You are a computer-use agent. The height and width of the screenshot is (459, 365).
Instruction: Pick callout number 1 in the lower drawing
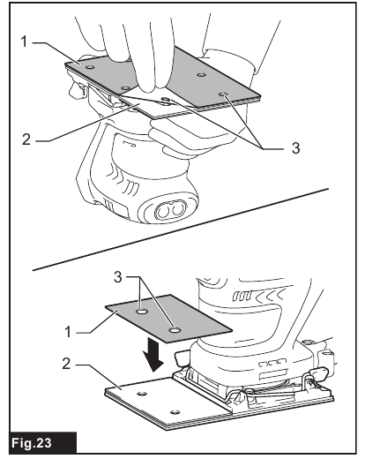69,334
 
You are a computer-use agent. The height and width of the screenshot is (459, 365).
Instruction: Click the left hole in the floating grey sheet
141,312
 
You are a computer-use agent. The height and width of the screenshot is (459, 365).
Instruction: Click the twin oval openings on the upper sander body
169,212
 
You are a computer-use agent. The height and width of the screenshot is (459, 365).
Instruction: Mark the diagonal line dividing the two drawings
176,229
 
